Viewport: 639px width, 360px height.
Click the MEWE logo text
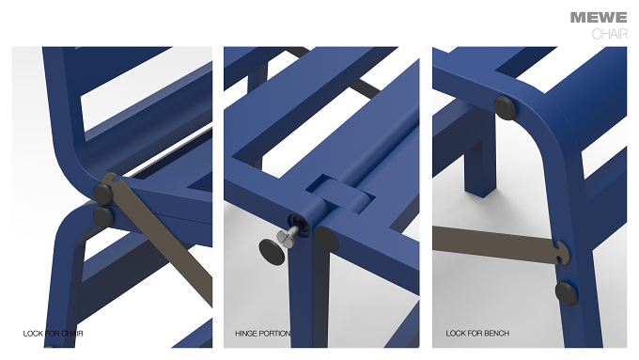[x=599, y=18]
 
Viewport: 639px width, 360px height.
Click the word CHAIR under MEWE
[x=609, y=34]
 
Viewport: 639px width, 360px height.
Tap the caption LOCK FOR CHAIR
[x=53, y=334]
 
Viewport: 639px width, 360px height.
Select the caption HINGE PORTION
[x=263, y=334]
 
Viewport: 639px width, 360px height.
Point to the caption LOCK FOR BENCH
[x=477, y=333]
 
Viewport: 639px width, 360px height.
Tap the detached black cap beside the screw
[x=272, y=252]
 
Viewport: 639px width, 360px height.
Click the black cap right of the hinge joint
[x=327, y=239]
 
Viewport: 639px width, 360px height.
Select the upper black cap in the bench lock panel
[x=505, y=108]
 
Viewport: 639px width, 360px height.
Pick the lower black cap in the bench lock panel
[x=567, y=293]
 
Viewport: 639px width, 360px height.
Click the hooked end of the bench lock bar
[x=562, y=252]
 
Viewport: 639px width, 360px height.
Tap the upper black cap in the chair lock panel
[x=103, y=194]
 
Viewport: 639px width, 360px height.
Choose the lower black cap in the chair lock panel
[x=103, y=216]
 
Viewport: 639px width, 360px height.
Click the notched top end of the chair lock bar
[x=111, y=180]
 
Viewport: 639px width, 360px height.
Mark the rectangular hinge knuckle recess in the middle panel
[x=339, y=195]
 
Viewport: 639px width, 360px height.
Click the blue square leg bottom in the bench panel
[x=481, y=190]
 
